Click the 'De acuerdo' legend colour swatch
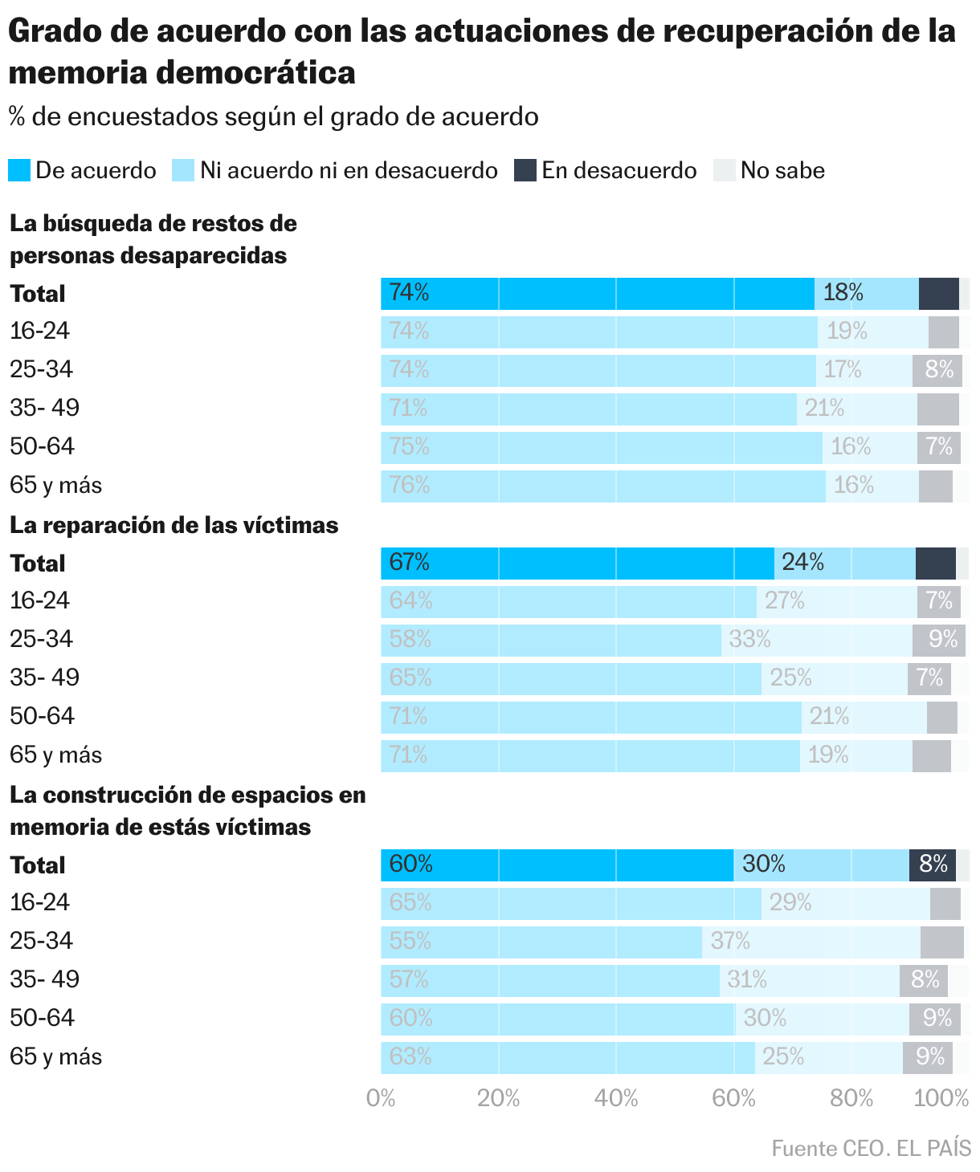point(19,170)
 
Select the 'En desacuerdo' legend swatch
point(525,170)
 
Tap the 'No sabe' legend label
point(782,170)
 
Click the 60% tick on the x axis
point(733,1098)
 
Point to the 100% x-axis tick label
point(941,1098)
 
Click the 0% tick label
point(381,1098)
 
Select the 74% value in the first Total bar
point(409,293)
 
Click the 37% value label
point(730,941)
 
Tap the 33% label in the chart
point(749,639)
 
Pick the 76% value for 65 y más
point(410,486)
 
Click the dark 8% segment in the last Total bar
point(933,865)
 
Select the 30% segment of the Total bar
point(821,865)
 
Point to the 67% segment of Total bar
point(577,563)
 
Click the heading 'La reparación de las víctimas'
point(174,525)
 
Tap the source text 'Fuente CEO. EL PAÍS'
point(871,1149)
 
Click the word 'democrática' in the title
point(255,72)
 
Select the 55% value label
point(410,941)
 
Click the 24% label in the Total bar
point(803,562)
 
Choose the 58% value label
point(410,639)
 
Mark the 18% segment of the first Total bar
point(866,293)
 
